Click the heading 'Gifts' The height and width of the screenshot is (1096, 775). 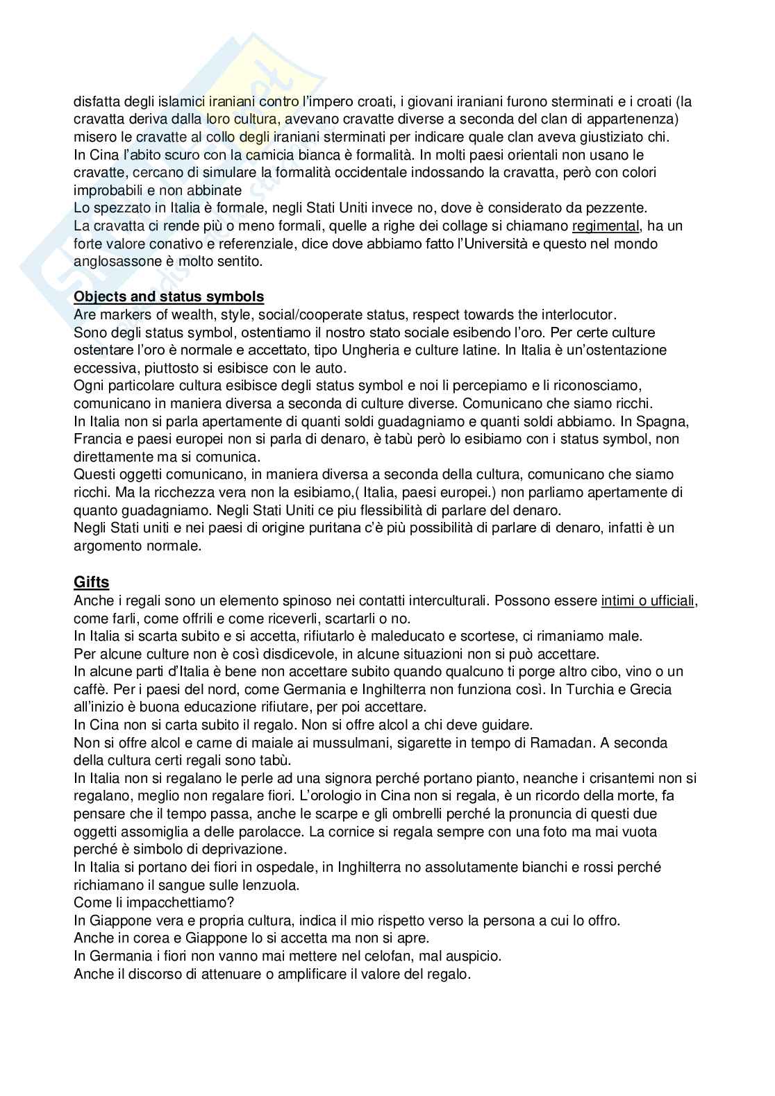(x=91, y=582)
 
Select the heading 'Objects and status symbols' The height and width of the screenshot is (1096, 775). (x=169, y=296)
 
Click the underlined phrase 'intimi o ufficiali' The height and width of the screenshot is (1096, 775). (x=647, y=600)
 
